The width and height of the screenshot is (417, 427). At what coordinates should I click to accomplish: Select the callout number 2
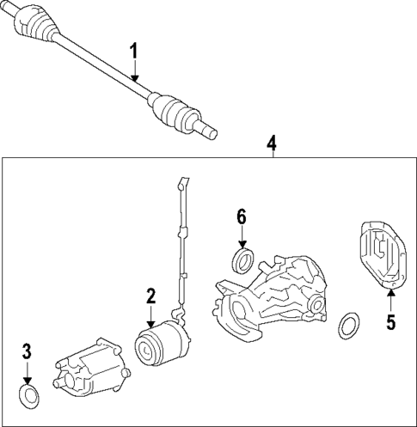[150, 296]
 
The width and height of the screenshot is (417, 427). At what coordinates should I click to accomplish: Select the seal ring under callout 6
[243, 259]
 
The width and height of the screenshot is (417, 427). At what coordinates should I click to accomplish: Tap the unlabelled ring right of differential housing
[349, 326]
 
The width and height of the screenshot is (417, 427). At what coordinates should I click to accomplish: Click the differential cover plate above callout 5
[379, 255]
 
